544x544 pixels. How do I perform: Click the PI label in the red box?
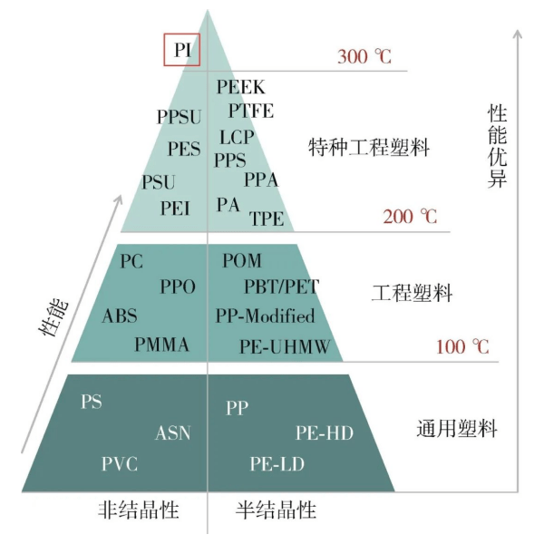pos(182,50)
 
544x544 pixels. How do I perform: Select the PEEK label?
pos(241,87)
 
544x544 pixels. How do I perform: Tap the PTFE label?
pos(251,111)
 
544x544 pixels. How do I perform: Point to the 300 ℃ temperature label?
pos(364,56)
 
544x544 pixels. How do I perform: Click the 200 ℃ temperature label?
pos(410,217)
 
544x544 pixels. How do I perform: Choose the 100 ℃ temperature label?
pos(462,346)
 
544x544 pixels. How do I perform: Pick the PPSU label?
pos(179,117)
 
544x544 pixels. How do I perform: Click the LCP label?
pos(237,137)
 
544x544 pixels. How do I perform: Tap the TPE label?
pos(267,219)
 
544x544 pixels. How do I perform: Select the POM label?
pos(242,260)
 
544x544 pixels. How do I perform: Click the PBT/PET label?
pos(281,287)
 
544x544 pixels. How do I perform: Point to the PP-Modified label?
pos(266,316)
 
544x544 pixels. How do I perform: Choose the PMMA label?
pos(161,345)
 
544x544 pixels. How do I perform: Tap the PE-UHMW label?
pos(285,346)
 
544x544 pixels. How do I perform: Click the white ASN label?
pos(173,433)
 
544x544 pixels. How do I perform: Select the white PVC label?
pos(120,464)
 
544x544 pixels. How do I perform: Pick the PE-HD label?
pos(325,433)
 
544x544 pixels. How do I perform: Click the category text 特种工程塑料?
pos(369,147)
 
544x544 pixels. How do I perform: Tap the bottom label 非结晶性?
pos(139,510)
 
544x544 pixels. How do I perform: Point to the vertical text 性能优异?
pos(497,146)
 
